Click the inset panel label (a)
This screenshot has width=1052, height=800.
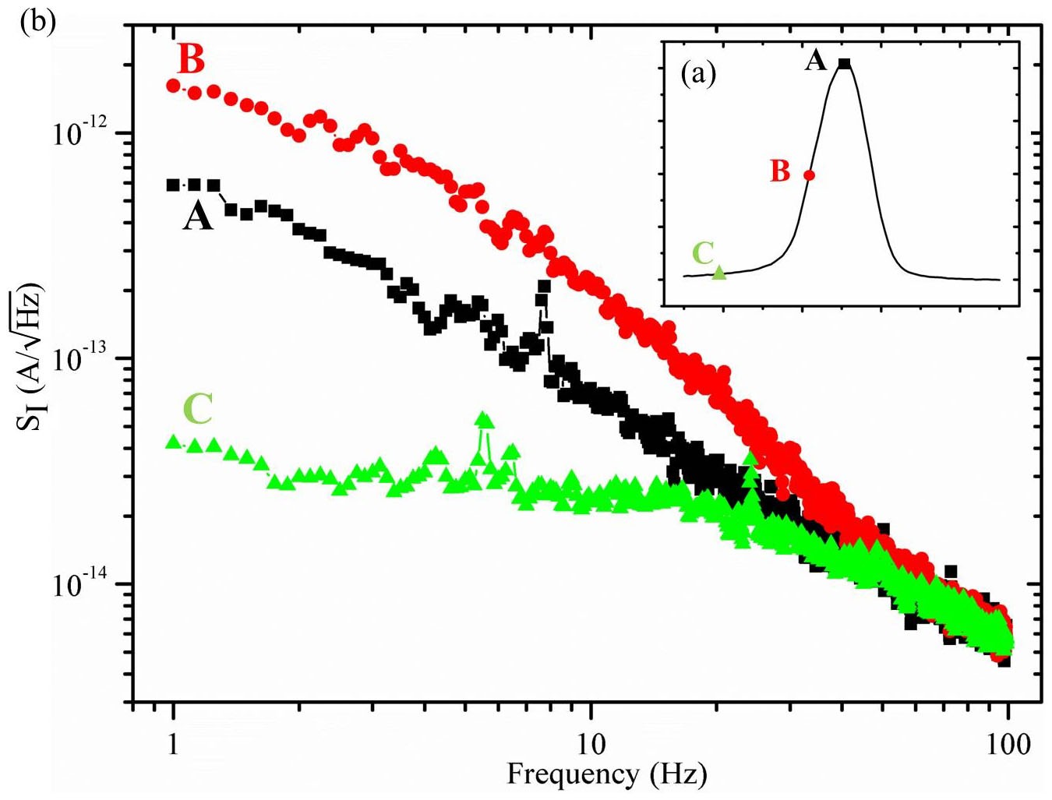tap(697, 74)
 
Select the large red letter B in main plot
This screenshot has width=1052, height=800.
tap(191, 59)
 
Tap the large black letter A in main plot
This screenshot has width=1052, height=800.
tap(198, 216)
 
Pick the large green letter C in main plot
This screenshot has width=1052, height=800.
tap(198, 408)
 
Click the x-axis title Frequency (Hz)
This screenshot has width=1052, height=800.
tap(607, 774)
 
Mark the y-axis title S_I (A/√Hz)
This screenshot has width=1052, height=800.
tap(31, 358)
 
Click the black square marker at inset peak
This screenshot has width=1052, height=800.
tap(844, 64)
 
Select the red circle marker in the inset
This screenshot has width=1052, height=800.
tap(809, 175)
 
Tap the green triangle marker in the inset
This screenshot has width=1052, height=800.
tap(719, 272)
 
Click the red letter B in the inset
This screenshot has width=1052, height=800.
tap(780, 171)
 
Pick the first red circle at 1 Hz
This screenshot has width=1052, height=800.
tap(174, 86)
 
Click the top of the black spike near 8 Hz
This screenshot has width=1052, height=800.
tap(544, 287)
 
